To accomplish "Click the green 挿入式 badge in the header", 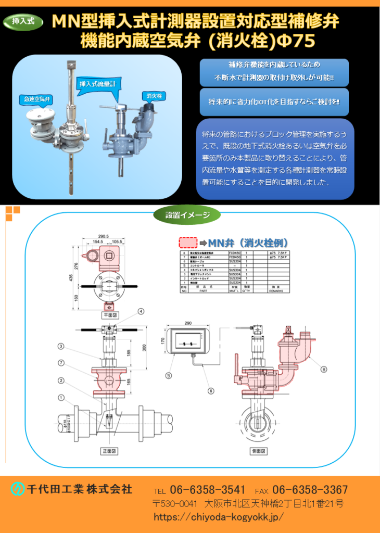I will [23, 21].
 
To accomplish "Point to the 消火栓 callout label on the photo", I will [155, 96].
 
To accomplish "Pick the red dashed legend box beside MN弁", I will [188, 243].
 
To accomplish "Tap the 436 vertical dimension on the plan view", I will [71, 277].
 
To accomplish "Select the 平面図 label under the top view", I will [108, 315].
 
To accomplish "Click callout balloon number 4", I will [141, 312].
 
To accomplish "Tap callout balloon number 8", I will [324, 370].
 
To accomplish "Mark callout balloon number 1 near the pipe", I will [61, 398].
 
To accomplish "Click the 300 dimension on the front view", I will [144, 347].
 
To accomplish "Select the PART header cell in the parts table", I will [207, 291].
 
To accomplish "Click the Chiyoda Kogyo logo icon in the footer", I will [18, 489].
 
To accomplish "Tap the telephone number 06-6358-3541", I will [207, 490].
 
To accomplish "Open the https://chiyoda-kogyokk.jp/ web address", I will [219, 517].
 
